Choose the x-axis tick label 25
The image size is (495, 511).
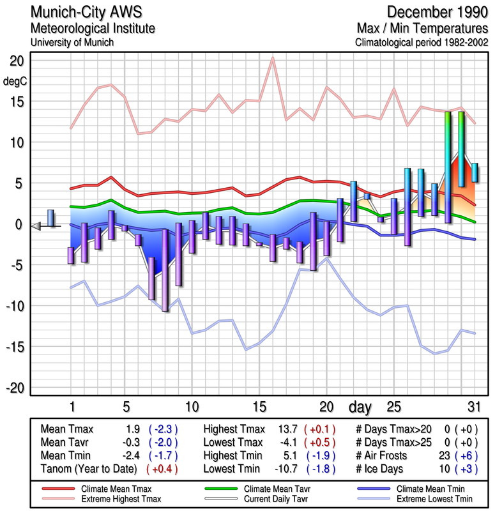pos(394,406)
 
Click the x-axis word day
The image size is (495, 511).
pos(362,406)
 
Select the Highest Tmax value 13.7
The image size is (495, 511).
pos(283,429)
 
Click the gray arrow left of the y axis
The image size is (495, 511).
pos(36,225)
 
